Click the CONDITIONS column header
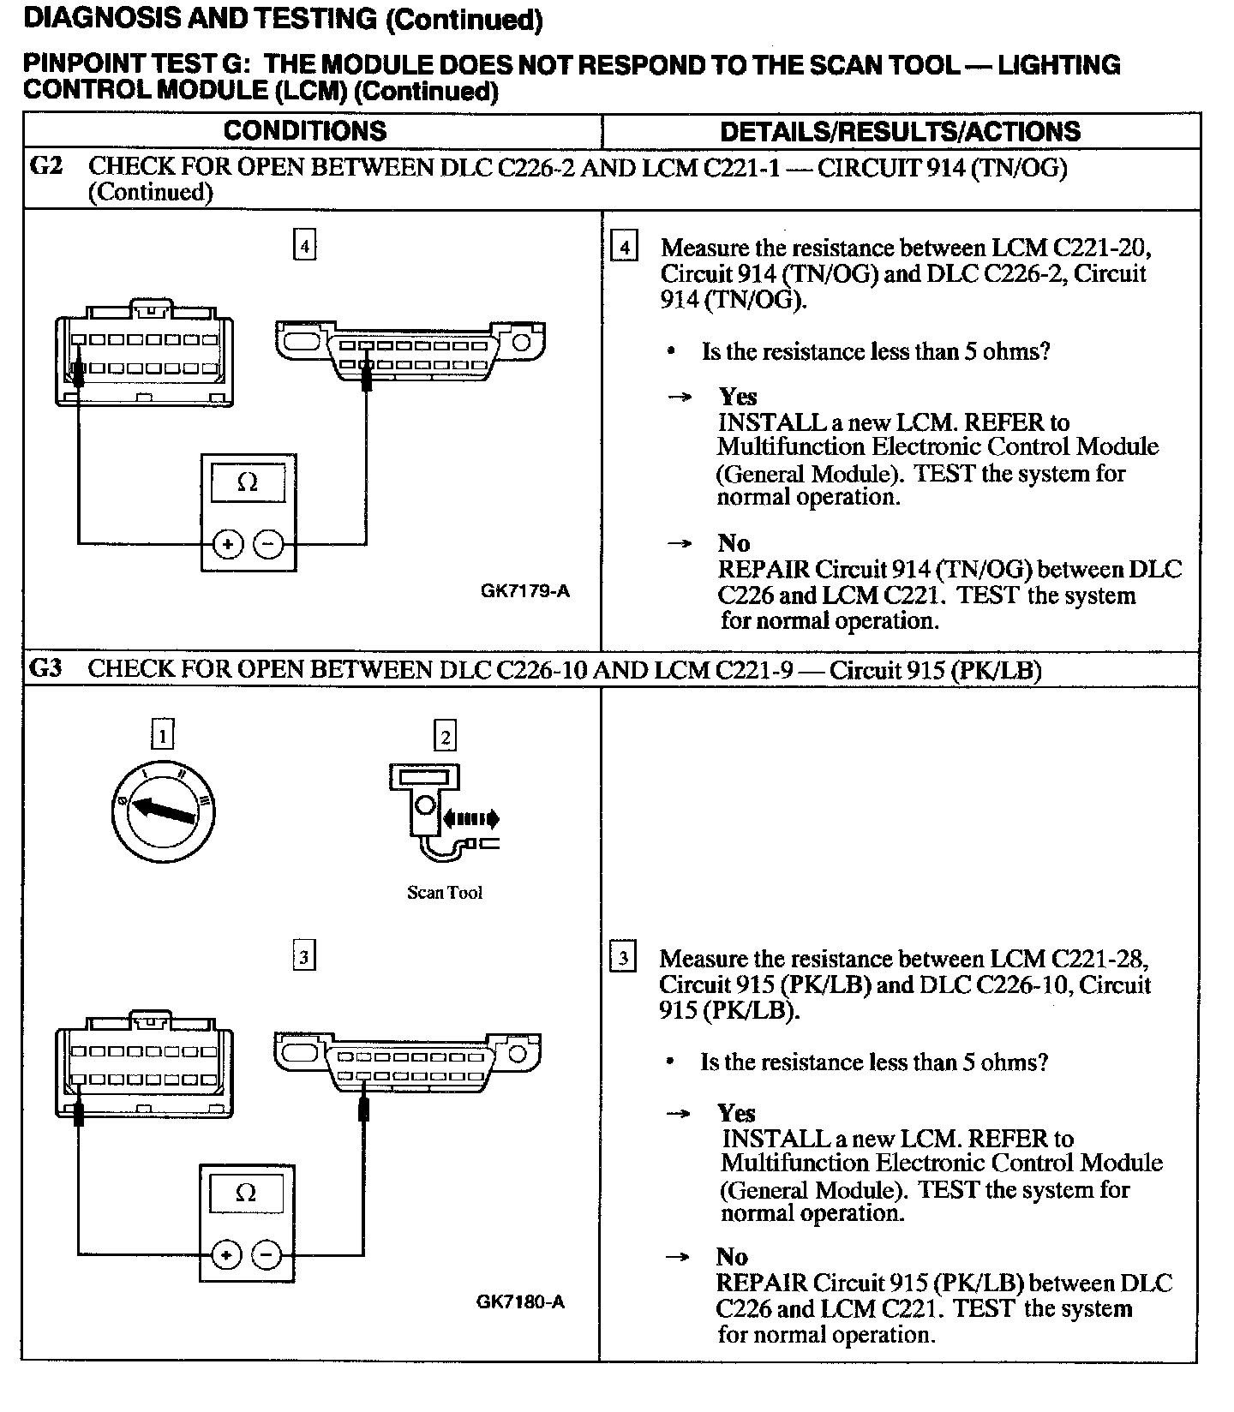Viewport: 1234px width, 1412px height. click(304, 131)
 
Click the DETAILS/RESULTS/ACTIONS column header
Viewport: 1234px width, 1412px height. click(900, 132)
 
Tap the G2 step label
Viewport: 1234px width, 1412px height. click(46, 165)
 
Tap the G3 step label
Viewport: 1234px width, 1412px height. click(46, 668)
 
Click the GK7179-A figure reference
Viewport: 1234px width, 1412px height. click(524, 591)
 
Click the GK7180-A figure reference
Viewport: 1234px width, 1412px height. click(520, 1302)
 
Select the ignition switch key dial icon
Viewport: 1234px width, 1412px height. click(164, 810)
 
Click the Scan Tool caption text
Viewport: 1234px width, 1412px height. click(444, 893)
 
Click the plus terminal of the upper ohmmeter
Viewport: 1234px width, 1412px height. click(228, 544)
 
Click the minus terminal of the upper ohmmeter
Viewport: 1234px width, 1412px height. click(268, 544)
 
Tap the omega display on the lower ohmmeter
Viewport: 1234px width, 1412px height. click(246, 1193)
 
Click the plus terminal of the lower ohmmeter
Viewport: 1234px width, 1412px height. click(226, 1256)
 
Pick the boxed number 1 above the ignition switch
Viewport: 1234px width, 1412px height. click(161, 735)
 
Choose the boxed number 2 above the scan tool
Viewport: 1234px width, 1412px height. click(445, 736)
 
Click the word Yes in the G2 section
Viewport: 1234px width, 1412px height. click(738, 397)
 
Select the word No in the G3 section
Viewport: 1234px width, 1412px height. click(732, 1257)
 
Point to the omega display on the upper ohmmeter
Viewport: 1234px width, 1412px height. click(247, 482)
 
